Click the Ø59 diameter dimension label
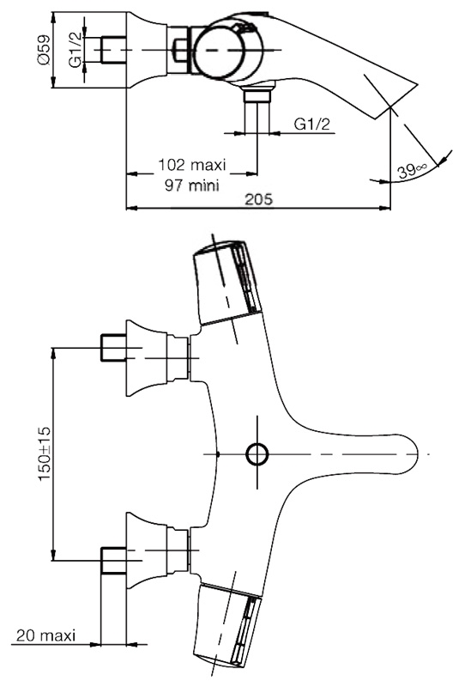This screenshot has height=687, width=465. coord(44,50)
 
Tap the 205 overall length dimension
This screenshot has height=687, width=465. coord(258,199)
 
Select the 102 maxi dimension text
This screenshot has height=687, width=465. coord(192,165)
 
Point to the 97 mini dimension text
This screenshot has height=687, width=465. coord(192,185)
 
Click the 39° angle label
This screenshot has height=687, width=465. coord(412,170)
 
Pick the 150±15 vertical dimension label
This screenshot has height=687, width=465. coord(45,453)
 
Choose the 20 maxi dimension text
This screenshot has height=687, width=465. coord(46,635)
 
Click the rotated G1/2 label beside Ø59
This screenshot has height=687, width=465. coord(75,50)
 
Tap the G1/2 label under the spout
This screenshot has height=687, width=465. coord(311,125)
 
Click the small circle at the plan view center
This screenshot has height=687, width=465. coord(257,454)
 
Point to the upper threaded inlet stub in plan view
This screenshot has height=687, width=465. coord(113,348)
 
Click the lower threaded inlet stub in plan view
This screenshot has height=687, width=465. coord(113,561)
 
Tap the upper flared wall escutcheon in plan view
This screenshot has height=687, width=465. coord(147,358)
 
